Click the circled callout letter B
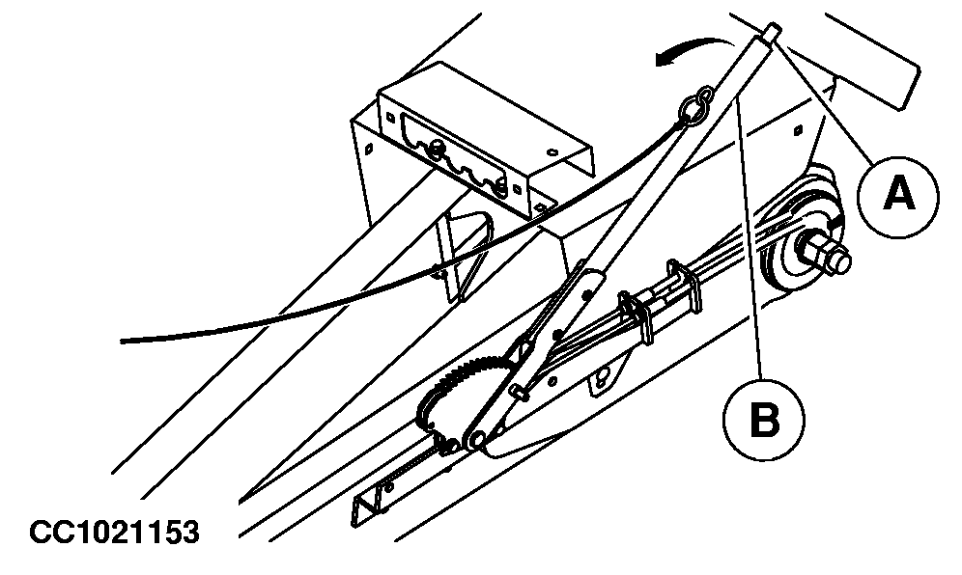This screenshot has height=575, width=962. [764, 420]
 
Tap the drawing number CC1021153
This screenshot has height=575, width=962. [114, 532]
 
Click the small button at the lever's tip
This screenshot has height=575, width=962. [772, 31]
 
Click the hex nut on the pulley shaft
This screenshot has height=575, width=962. [826, 254]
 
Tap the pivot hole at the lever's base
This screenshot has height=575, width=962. [476, 439]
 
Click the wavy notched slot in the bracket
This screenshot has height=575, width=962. [451, 154]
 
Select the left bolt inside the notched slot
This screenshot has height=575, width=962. [438, 147]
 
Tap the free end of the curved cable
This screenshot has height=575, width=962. [123, 341]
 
